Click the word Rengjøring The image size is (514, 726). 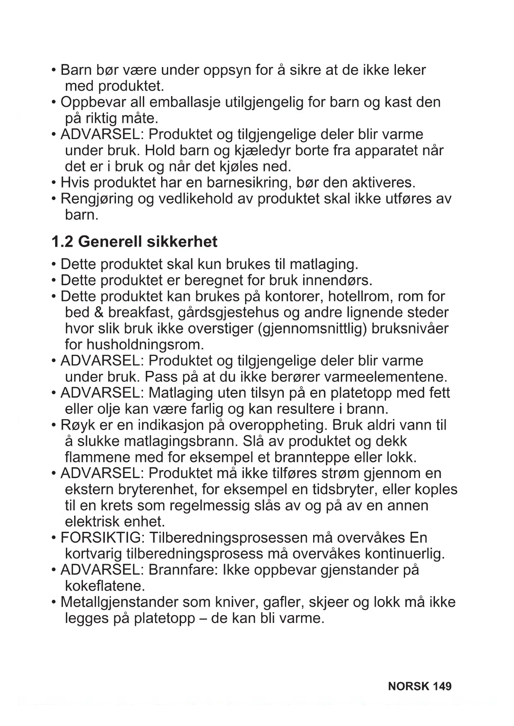pyautogui.click(x=97, y=199)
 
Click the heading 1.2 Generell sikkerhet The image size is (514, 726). pyautogui.click(x=134, y=242)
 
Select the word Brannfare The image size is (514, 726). pyautogui.click(x=183, y=570)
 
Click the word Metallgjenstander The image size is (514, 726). pyautogui.click(x=119, y=602)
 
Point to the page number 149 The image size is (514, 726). pyautogui.click(x=442, y=686)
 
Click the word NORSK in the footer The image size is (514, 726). pyautogui.click(x=409, y=686)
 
